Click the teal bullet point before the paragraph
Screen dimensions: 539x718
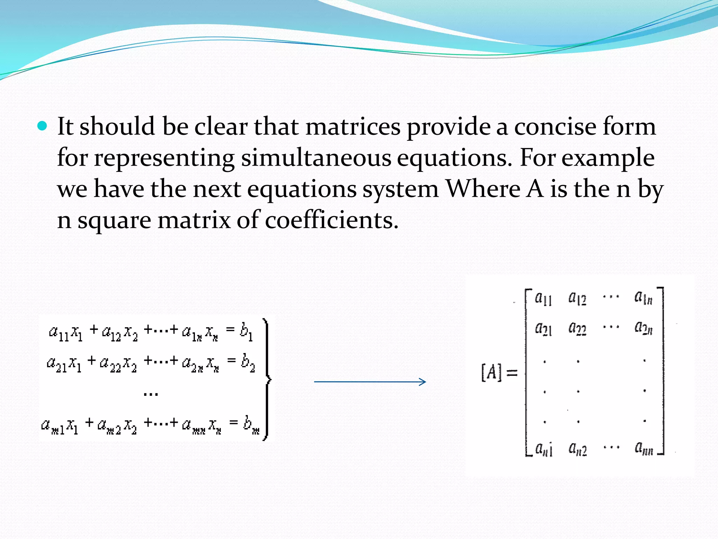42,126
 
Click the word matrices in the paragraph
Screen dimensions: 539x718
353,127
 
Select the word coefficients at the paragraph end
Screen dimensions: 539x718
331,220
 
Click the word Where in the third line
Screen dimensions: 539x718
483,189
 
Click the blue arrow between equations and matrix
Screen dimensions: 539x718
370,382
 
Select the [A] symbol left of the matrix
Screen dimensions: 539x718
491,373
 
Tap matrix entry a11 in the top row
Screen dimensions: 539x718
543,299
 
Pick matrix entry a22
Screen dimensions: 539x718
577,328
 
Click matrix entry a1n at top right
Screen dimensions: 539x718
643,298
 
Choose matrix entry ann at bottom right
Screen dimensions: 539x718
644,448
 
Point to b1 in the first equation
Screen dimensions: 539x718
246,332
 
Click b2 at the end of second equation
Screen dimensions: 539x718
248,362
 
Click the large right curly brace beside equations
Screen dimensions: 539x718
267,379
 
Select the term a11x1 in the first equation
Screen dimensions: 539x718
66,332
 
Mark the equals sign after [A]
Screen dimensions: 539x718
512,373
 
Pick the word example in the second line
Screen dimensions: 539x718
608,158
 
